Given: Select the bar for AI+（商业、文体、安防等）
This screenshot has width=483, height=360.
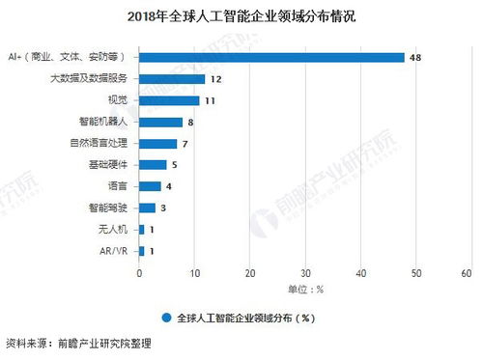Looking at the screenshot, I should pyautogui.click(x=271, y=57).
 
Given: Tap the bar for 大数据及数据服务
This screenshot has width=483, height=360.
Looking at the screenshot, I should pyautogui.click(x=173, y=79).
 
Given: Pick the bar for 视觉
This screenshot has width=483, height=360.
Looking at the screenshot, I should pyautogui.click(x=170, y=100).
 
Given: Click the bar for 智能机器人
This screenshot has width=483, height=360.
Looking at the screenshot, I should pyautogui.click(x=161, y=122).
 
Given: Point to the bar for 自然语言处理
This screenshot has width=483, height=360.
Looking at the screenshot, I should pyautogui.click(x=158, y=144).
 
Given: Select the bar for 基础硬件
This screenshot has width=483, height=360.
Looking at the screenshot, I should pyautogui.click(x=154, y=165).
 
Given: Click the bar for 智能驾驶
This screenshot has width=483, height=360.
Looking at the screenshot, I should pyautogui.click(x=148, y=208).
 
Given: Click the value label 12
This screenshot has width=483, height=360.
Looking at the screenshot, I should pyautogui.click(x=217, y=79).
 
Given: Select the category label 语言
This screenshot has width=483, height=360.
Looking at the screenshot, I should pyautogui.click(x=116, y=186).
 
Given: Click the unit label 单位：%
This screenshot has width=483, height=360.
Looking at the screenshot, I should pyautogui.click(x=305, y=289).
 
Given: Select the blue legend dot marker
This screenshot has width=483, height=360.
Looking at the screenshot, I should pyautogui.click(x=167, y=316).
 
